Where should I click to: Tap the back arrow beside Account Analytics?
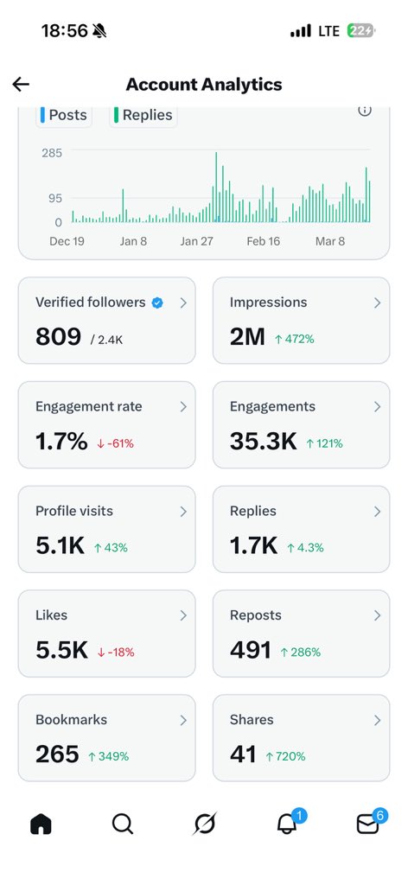[x=21, y=84]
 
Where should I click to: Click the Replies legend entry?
[x=143, y=115]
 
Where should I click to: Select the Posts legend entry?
[x=64, y=115]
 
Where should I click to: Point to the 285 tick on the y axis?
[x=52, y=153]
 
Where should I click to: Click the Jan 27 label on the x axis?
[x=196, y=241]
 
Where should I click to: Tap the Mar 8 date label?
[x=330, y=241]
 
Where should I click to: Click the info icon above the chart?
[x=365, y=110]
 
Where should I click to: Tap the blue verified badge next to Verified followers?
[x=157, y=302]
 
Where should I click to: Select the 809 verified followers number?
[x=58, y=337]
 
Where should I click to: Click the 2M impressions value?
[x=247, y=337]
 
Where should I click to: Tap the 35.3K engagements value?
[x=264, y=442]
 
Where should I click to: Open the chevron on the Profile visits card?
[x=183, y=511]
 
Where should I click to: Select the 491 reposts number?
[x=251, y=650]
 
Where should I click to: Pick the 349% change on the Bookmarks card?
[x=108, y=756]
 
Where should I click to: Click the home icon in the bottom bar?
[x=41, y=825]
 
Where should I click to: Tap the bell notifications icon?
[x=286, y=825]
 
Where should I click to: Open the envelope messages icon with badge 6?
[x=368, y=825]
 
